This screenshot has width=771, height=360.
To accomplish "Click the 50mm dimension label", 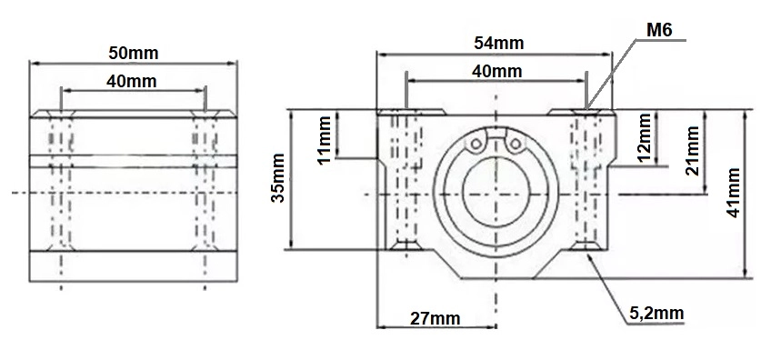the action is [134, 53].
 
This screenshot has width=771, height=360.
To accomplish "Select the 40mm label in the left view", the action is [131, 81].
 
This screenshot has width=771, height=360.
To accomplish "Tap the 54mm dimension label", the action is [498, 44].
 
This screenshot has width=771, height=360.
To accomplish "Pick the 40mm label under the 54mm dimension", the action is [496, 72].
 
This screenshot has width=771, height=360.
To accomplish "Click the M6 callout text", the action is [659, 31].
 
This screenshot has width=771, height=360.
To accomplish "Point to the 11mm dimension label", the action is [325, 140].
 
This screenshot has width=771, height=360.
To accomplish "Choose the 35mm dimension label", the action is [278, 177].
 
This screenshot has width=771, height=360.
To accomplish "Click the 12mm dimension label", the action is [645, 138].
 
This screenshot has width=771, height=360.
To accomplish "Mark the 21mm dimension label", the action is [692, 151].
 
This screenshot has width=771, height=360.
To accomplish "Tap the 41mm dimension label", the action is [733, 193].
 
